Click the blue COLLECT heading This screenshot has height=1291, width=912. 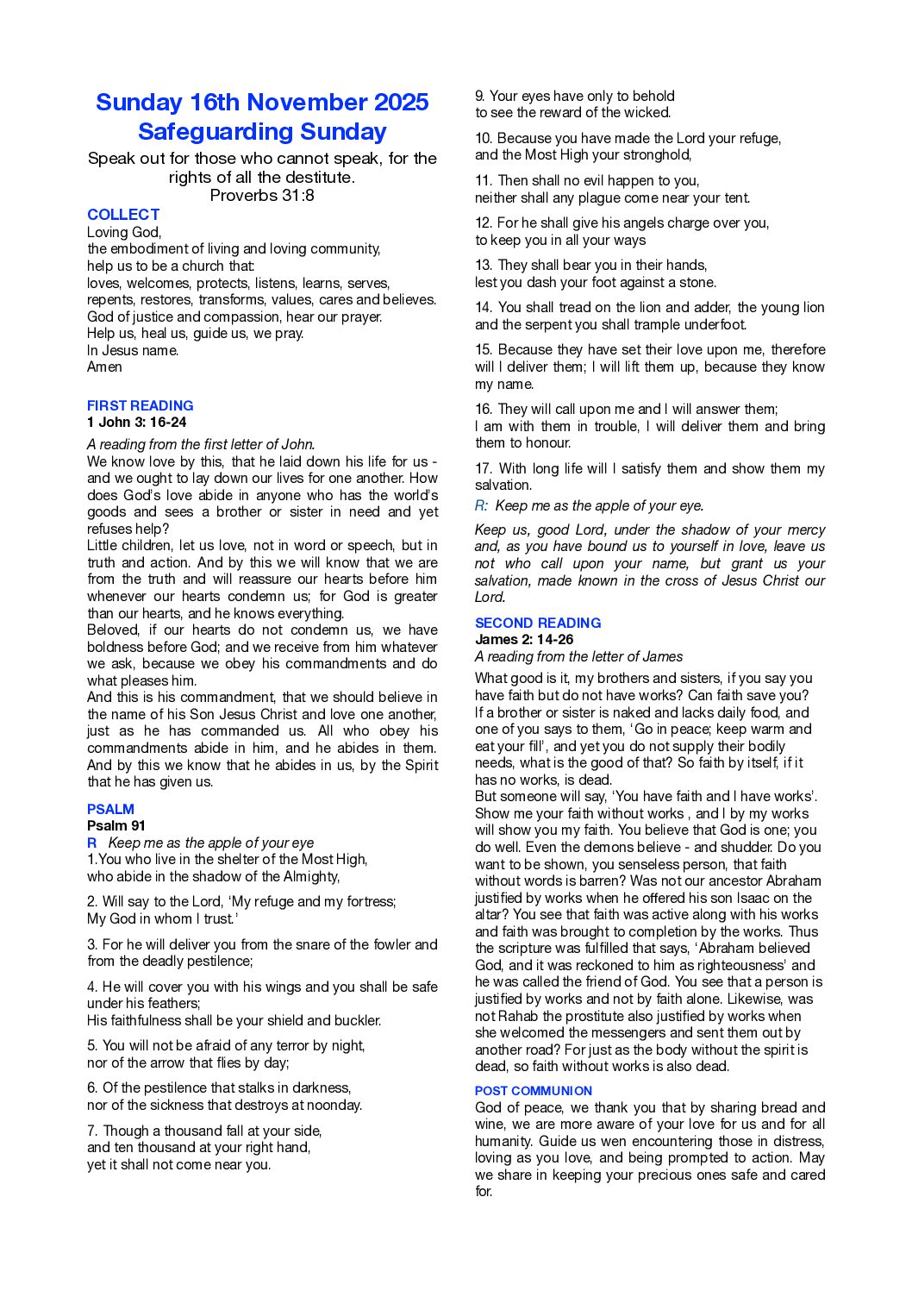(123, 215)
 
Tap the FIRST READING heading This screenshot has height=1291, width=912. (140, 405)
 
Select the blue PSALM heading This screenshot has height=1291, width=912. (110, 809)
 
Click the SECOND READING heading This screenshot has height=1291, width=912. (538, 623)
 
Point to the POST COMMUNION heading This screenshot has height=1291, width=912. (534, 1091)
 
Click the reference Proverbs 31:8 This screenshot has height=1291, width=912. (262, 195)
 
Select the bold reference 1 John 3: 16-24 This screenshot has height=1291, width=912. (136, 423)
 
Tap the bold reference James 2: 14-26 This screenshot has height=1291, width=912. (524, 640)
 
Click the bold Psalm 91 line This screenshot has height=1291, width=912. (116, 826)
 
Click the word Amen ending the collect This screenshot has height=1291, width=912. (104, 367)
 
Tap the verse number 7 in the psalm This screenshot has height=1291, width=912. (91, 1131)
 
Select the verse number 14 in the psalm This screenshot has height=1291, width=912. (483, 308)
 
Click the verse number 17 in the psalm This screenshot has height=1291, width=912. (483, 469)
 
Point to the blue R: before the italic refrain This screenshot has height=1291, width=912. (481, 506)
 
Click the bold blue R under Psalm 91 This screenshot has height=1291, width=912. (91, 843)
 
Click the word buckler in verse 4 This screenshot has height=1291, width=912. (358, 1021)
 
